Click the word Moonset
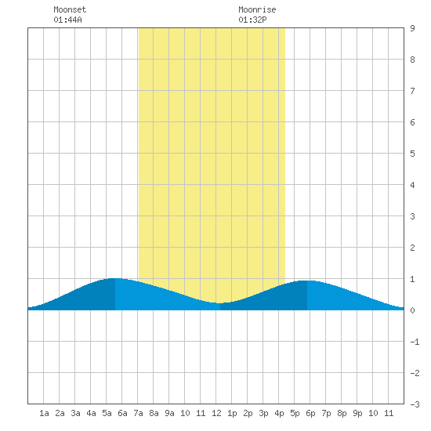70,9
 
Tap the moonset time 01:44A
67,20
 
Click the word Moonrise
257,9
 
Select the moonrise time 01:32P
252,20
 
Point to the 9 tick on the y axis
412,28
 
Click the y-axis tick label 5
412,154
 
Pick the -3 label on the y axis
415,404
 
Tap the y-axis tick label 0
412,310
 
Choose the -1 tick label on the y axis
415,342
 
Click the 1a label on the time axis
44,413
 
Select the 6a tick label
122,413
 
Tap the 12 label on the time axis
216,413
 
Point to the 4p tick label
279,413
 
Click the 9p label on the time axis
357,413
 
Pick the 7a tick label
138,413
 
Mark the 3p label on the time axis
263,413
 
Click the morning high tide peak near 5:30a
115,279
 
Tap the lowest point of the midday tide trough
220,303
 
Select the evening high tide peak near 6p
306,281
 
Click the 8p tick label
342,413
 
